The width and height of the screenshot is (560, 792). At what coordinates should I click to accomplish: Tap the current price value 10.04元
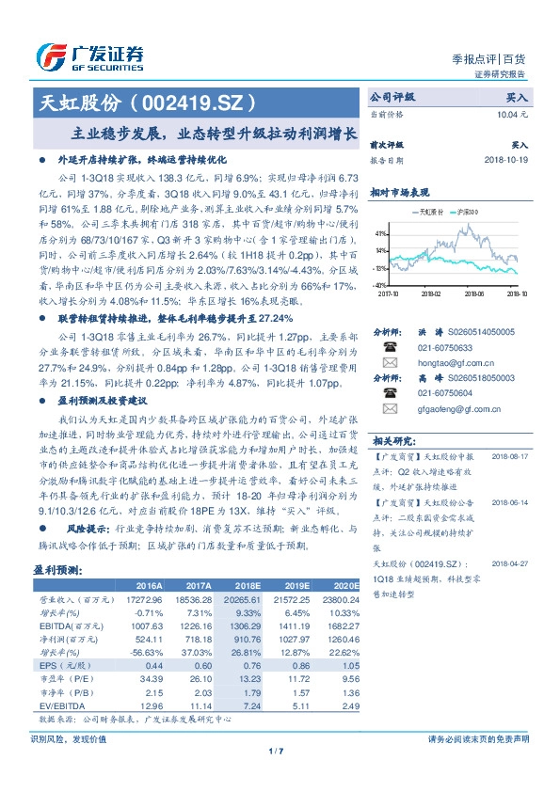coord(511,113)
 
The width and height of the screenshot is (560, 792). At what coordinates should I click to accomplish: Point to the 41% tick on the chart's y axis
coord(378,232)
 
